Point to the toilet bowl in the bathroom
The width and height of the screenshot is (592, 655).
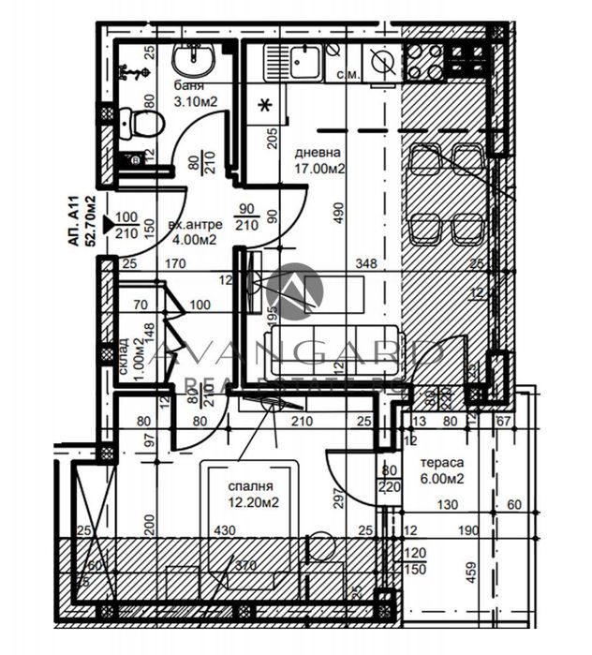click(x=142, y=122)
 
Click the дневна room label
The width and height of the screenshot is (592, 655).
click(x=318, y=153)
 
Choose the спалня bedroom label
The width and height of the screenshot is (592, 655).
click(x=250, y=487)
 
